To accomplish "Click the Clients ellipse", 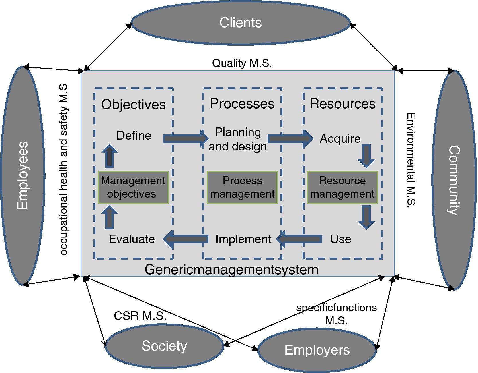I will [x=240, y=23].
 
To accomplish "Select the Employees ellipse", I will [x=23, y=175].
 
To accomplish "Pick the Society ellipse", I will [x=164, y=346].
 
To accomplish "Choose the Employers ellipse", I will [x=317, y=350].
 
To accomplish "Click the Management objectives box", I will [x=133, y=188].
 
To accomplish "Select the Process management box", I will [x=242, y=188].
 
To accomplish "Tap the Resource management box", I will [x=342, y=188].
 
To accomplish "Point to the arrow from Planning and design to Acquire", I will [x=290, y=138].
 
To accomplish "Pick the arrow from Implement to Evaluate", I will [x=186, y=239].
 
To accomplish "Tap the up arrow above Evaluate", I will [x=109, y=217].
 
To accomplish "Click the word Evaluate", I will [x=132, y=239].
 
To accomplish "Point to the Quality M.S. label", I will [x=242, y=63].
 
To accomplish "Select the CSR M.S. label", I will [x=140, y=316].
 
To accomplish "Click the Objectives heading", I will [x=133, y=104].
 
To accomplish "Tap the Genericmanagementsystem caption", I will [x=231, y=270].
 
